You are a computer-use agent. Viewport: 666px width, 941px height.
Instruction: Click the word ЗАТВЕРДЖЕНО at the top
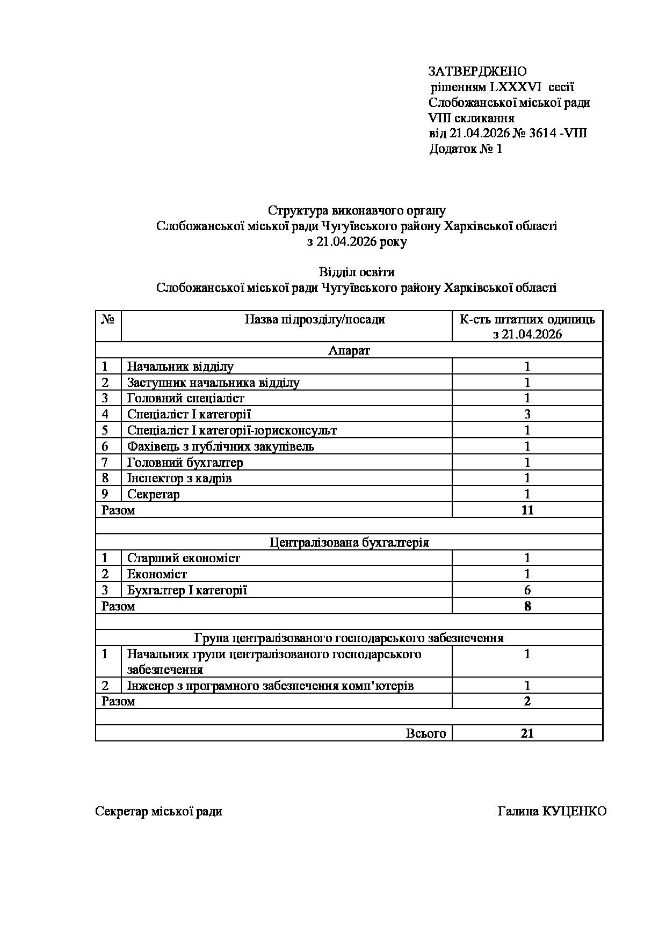tap(477, 71)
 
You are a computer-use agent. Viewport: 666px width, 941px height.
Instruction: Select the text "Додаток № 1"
tap(465, 149)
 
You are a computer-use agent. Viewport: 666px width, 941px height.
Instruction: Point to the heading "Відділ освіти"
tap(357, 272)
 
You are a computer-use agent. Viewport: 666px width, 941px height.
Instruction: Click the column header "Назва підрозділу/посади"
tap(315, 320)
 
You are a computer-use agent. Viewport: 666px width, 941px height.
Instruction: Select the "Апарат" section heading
tap(349, 351)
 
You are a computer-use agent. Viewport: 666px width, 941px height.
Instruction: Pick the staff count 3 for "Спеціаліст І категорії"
tap(527, 414)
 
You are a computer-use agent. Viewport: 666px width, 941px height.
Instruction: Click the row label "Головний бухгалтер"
tap(185, 462)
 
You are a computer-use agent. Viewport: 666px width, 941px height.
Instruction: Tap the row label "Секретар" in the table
tap(153, 494)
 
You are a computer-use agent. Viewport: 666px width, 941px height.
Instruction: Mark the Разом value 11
tap(527, 510)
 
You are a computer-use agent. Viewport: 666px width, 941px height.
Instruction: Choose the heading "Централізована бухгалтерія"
tap(349, 542)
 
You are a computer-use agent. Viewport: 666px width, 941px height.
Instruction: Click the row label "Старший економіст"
tap(183, 558)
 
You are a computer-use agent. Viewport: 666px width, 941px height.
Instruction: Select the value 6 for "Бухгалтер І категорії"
tap(527, 591)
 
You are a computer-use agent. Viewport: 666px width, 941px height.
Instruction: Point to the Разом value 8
tap(527, 607)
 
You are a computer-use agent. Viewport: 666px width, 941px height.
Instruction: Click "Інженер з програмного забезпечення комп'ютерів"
tap(270, 686)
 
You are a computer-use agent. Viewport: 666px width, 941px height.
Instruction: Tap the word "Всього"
tap(426, 733)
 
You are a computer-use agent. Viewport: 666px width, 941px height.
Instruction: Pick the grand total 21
tap(527, 733)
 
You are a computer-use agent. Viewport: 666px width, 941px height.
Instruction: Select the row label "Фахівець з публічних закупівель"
tap(220, 446)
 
